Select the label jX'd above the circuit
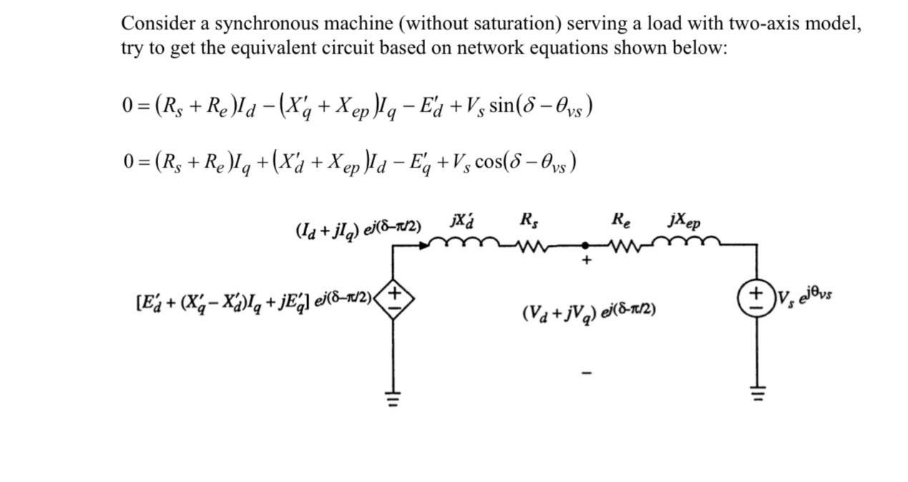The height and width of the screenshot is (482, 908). click(463, 220)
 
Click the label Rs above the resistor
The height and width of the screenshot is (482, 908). click(529, 220)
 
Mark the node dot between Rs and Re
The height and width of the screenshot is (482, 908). click(586, 245)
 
